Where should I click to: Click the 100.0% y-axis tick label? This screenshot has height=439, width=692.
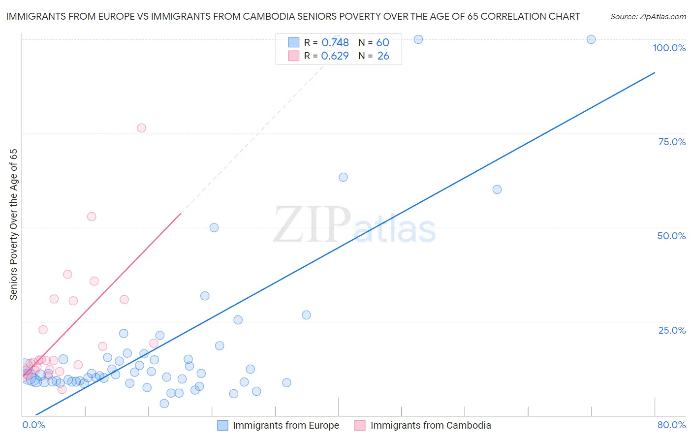click(669, 48)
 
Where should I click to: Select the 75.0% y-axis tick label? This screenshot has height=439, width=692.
click(672, 142)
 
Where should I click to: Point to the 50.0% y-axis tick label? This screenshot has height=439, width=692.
click(671, 236)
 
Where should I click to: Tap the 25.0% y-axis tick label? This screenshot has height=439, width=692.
click(672, 330)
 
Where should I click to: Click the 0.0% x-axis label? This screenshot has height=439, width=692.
click(33, 425)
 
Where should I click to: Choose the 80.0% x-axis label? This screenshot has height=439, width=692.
click(671, 425)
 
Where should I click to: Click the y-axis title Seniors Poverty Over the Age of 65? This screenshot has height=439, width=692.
click(13, 224)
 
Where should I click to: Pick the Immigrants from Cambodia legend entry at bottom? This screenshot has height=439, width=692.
click(423, 425)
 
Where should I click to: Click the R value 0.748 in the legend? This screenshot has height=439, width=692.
click(335, 43)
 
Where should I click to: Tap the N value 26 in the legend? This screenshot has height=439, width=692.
click(383, 56)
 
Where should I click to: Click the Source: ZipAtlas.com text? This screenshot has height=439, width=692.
click(648, 17)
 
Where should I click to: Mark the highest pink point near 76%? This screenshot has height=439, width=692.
click(141, 128)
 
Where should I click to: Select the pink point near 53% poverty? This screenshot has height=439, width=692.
click(92, 217)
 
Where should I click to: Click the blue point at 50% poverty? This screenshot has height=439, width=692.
click(214, 227)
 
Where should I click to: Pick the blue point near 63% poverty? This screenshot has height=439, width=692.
click(343, 177)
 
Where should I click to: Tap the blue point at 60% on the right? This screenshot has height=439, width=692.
click(497, 189)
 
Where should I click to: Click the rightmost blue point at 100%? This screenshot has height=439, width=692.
click(591, 39)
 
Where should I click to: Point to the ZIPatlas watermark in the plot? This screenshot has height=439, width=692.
click(354, 225)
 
